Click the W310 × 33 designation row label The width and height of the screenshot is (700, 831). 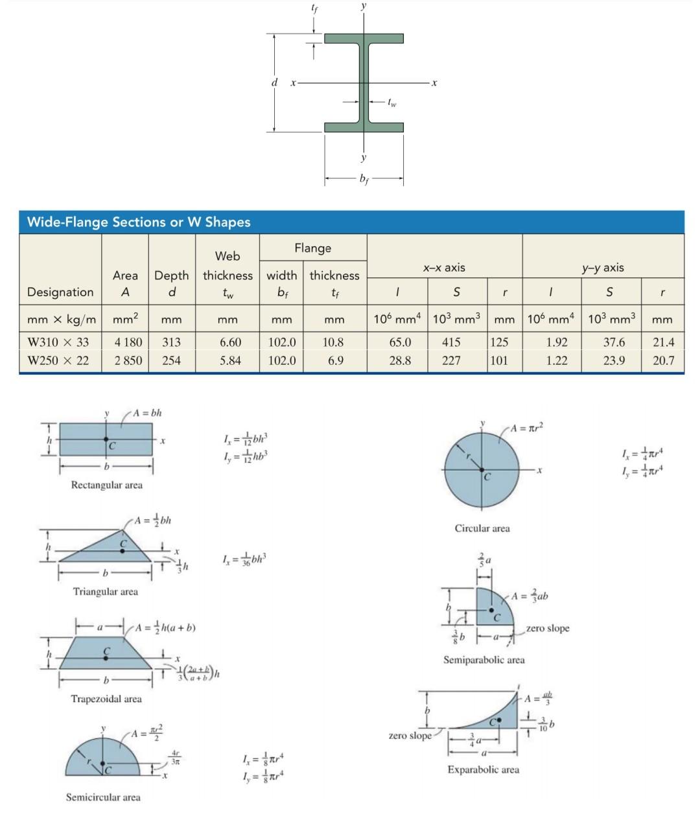(58, 342)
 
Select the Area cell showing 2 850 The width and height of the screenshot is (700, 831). (128, 360)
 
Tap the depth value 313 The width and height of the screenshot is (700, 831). (171, 342)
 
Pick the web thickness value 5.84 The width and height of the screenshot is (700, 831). (230, 360)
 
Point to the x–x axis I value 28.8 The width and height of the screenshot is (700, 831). (400, 360)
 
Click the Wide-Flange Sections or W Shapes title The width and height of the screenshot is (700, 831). (139, 222)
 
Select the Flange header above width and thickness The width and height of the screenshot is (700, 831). (312, 248)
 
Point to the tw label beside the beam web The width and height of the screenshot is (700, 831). (391, 102)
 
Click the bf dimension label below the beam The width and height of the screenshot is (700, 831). (364, 179)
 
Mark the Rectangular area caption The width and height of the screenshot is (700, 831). (106, 485)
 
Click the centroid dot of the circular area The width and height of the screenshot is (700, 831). (482, 469)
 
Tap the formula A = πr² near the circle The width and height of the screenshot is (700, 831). (526, 428)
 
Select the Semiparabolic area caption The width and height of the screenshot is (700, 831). (484, 660)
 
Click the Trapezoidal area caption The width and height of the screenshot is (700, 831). (106, 699)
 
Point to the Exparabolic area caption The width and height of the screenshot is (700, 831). (483, 769)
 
